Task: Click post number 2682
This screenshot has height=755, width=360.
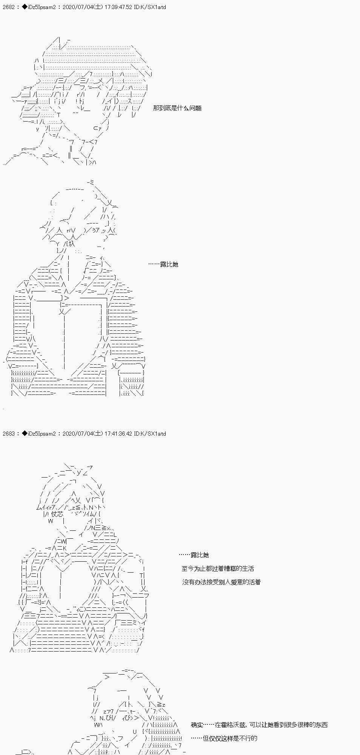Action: click(x=8, y=7)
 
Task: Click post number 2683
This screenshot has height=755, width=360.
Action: click(x=8, y=434)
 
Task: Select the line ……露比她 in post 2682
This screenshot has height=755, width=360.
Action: click(x=163, y=264)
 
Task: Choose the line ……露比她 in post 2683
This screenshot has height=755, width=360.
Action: click(x=194, y=555)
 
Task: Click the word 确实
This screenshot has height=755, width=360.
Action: click(x=197, y=725)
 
